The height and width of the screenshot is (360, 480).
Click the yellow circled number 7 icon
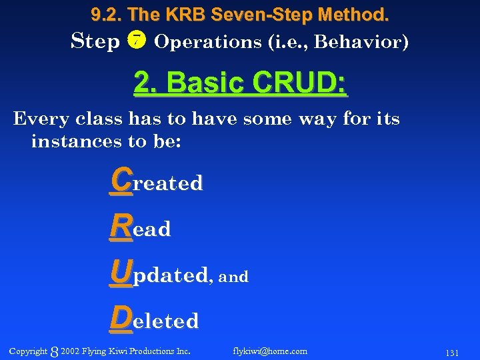135,41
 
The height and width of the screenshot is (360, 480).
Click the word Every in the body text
41,119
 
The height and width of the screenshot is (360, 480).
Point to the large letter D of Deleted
122,318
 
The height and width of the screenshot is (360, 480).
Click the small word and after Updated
233,277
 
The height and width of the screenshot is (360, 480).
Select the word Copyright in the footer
29,351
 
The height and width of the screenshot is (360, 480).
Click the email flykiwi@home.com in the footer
270,351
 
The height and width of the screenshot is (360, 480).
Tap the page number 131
451,352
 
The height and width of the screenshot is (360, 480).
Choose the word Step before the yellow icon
95,41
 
